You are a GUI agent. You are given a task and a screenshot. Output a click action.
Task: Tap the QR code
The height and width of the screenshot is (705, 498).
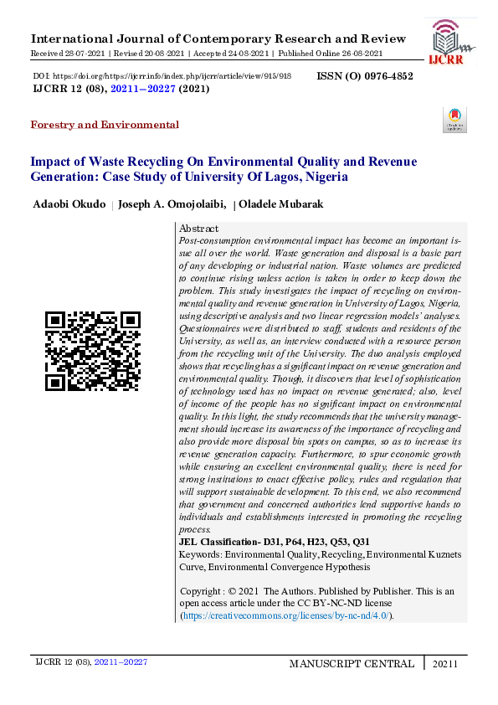coord(93,351)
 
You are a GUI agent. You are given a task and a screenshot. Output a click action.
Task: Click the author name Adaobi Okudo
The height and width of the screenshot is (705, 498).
coord(69,204)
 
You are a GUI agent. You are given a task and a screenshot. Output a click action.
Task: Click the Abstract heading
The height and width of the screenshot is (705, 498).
coord(199,229)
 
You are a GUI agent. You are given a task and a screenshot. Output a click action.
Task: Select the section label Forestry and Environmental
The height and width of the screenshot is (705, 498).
coord(105,125)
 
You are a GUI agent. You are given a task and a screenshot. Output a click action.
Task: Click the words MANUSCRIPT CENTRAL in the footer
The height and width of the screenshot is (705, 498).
coord(352,664)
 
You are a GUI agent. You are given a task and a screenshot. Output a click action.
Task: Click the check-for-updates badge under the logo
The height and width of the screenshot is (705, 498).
coord(454,120)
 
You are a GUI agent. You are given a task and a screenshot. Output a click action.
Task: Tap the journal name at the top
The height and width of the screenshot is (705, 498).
coord(218,39)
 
